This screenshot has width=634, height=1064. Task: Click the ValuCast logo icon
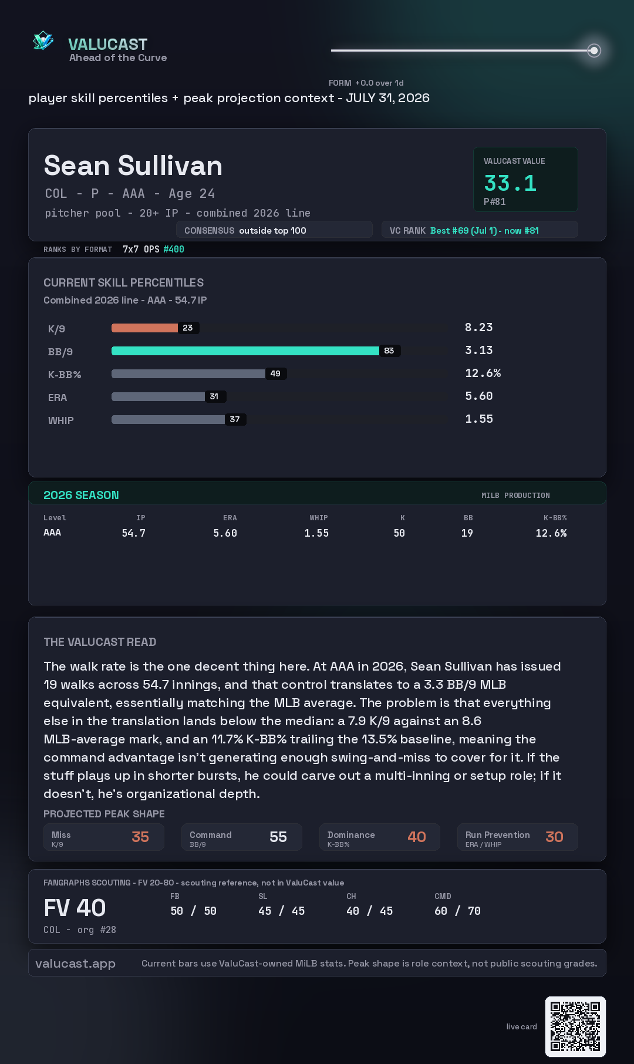(43, 41)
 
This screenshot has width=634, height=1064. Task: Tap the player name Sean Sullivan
(133, 166)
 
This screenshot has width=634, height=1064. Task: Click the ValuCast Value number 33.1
(510, 183)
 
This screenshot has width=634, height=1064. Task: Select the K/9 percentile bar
(144, 328)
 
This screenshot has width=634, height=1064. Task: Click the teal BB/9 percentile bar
(245, 351)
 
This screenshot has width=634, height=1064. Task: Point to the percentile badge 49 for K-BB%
(275, 373)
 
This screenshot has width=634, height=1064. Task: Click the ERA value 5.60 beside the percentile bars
(479, 396)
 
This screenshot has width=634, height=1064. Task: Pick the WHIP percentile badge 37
(235, 419)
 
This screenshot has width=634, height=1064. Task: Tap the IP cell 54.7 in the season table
(134, 533)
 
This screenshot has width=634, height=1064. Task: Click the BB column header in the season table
(468, 518)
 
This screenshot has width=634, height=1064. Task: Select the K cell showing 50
(399, 533)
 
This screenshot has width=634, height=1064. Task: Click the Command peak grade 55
(278, 837)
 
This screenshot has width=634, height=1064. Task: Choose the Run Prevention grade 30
(554, 837)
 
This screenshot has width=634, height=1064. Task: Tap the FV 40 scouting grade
(75, 908)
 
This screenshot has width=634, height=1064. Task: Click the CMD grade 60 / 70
(457, 911)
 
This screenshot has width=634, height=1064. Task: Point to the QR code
(575, 1026)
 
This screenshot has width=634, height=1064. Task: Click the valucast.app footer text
(75, 964)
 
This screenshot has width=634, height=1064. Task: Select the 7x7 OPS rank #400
(174, 249)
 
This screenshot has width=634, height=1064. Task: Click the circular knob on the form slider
(594, 50)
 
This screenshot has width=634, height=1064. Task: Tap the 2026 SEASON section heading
(81, 495)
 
